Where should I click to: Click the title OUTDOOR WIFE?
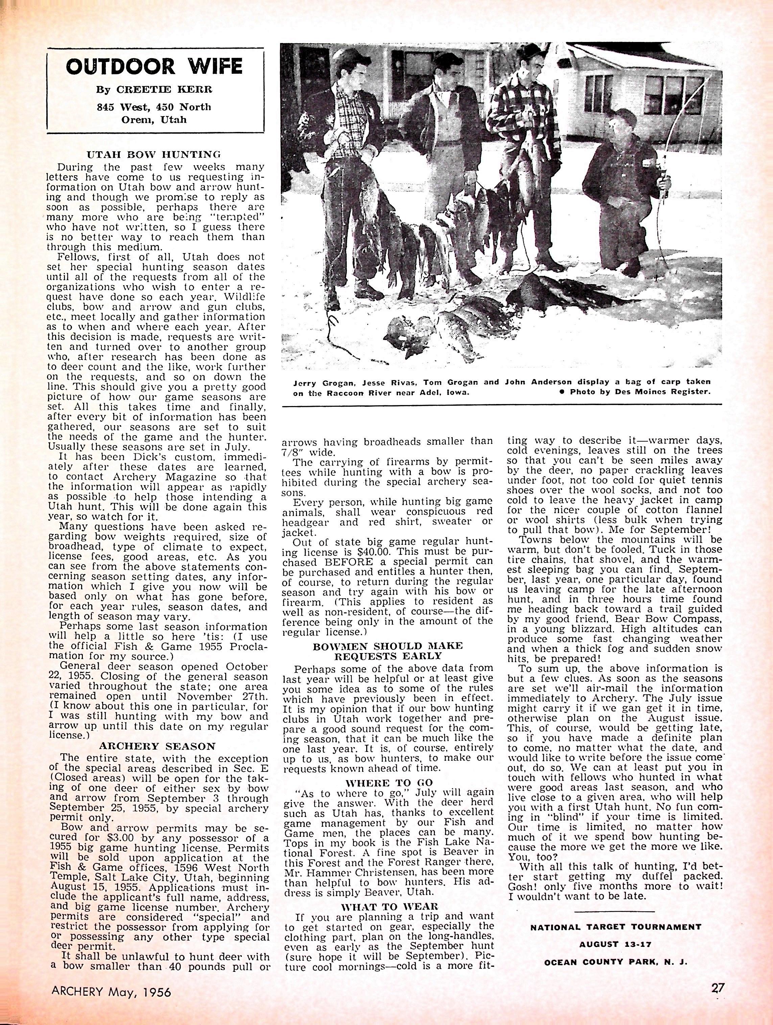155,66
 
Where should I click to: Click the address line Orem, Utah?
155,119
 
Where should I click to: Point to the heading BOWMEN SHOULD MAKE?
389,646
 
